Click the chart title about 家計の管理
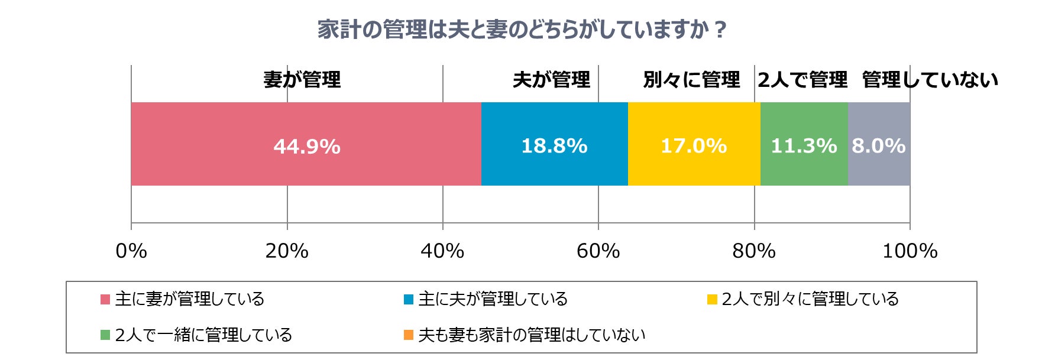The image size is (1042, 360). click(x=521, y=30)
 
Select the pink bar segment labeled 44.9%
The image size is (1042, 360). click(x=306, y=144)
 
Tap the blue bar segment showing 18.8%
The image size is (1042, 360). click(x=554, y=144)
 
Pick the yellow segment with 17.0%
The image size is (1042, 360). click(x=694, y=144)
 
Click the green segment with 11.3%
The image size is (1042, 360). click(x=804, y=144)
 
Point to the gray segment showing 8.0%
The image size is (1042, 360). click(x=879, y=144)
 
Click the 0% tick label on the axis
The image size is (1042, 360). click(x=131, y=251)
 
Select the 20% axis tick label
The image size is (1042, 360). click(x=287, y=251)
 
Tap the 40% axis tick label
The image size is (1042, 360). click(x=442, y=251)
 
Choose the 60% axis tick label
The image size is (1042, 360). click(x=598, y=251)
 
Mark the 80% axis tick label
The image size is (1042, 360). click(x=754, y=251)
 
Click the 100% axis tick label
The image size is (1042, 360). click(x=910, y=251)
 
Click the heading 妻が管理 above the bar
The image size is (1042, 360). click(x=302, y=79)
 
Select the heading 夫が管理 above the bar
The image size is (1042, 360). click(x=551, y=79)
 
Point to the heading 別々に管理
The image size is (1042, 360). click(x=691, y=79)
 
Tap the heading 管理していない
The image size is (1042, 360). click(x=930, y=79)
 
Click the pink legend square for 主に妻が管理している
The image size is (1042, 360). click(x=105, y=299)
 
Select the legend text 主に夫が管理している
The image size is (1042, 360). click(x=493, y=299)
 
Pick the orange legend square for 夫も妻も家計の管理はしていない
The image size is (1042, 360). click(x=408, y=335)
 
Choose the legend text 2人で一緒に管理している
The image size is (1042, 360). click(x=203, y=335)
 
